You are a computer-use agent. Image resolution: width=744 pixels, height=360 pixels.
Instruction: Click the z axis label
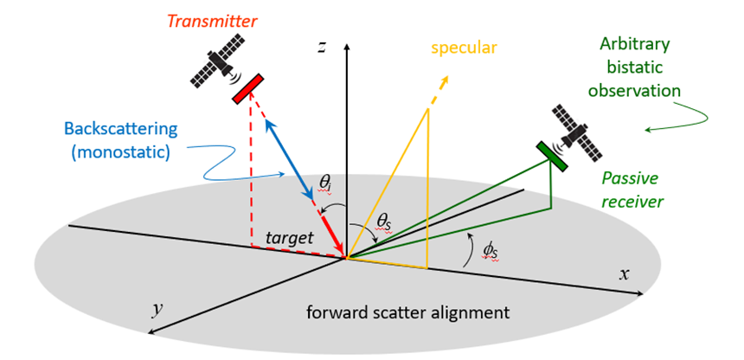(x=321, y=48)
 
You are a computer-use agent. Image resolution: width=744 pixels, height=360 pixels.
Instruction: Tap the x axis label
(x=623, y=274)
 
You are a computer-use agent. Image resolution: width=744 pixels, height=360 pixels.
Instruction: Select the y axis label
(x=157, y=308)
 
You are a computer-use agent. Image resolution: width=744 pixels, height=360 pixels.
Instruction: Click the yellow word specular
(x=468, y=45)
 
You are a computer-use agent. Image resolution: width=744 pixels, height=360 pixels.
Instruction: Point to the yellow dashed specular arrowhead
(x=445, y=81)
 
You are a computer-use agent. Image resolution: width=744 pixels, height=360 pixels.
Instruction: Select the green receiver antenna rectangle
(x=550, y=157)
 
